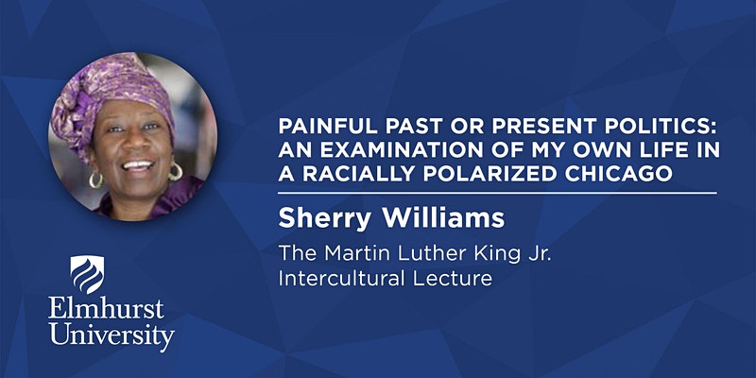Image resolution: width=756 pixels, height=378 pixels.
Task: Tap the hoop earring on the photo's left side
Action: (96, 179)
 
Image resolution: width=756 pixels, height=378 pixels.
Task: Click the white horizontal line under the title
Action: (497, 194)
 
